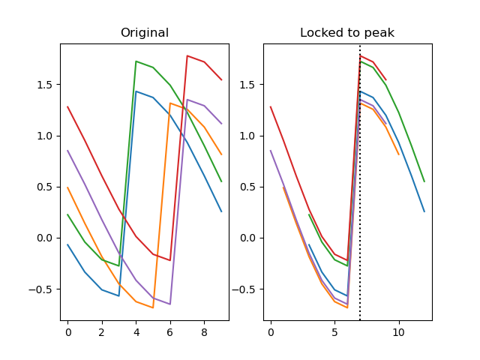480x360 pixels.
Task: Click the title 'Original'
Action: tap(145, 33)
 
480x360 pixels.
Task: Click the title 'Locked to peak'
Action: tap(347, 33)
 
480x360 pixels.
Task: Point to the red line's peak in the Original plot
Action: tap(187, 55)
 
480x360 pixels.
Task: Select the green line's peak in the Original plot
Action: tap(136, 61)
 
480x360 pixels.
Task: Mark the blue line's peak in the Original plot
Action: tap(136, 91)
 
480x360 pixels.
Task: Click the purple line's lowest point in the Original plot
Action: tap(170, 304)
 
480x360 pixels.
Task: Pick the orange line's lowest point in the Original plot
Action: tap(153, 307)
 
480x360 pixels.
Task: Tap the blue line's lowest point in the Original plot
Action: tap(118, 295)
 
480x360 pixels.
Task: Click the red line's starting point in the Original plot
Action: tap(67, 106)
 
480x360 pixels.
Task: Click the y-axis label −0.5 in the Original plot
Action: tap(43, 289)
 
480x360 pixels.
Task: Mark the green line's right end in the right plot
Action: tap(424, 181)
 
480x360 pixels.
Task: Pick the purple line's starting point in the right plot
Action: tap(271, 151)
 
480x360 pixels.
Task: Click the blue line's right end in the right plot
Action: tap(424, 211)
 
